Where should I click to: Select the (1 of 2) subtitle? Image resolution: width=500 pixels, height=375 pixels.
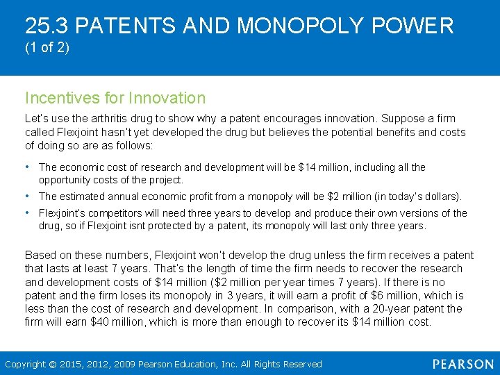click(x=47, y=49)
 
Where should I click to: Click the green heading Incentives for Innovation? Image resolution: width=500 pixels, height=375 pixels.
click(x=115, y=98)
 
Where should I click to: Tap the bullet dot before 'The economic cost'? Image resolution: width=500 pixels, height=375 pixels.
click(x=27, y=167)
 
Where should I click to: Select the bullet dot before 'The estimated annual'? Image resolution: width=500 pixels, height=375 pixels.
click(x=27, y=197)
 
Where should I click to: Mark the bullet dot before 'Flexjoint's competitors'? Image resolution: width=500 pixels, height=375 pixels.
click(x=27, y=212)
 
